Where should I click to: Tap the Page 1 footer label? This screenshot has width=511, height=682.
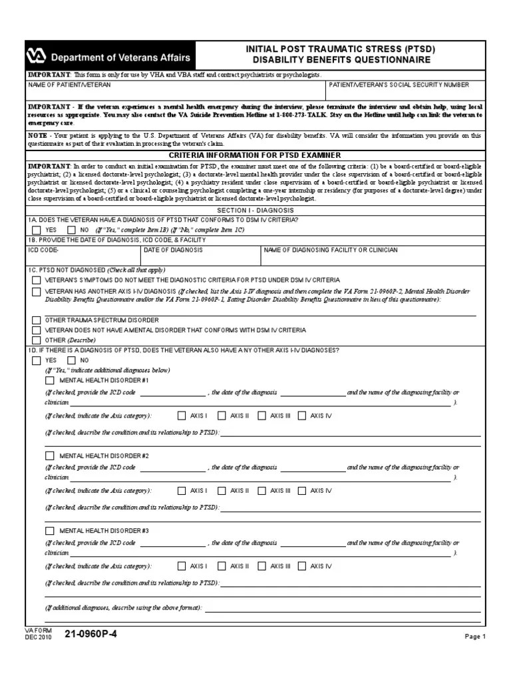[475, 637]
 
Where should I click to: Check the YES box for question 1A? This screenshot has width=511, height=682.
[36, 230]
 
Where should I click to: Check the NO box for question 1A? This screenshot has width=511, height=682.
[71, 230]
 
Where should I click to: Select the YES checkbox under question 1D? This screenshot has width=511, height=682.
[36, 360]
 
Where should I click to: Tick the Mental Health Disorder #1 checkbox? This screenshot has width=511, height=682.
[49, 380]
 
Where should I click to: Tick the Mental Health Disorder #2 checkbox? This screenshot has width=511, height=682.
[49, 456]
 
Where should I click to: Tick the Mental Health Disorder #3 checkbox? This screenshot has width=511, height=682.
[49, 531]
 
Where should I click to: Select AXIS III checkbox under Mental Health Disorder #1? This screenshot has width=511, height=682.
[261, 416]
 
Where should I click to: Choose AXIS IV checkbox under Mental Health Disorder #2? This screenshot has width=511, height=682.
[302, 491]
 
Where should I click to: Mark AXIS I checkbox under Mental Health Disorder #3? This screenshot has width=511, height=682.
[182, 566]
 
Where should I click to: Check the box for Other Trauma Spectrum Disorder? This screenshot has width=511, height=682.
[36, 320]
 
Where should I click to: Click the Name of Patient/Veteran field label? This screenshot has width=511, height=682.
[69, 85]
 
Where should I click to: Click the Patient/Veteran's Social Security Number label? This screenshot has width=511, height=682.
[399, 85]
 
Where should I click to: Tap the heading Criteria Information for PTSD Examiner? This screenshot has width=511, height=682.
[255, 155]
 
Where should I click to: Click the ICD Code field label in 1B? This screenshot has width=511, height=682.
[44, 250]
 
